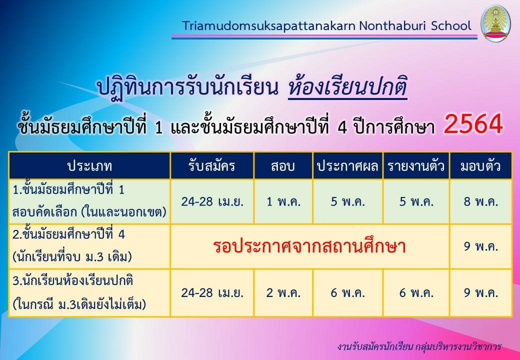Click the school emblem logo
pyautogui.click(x=496, y=23)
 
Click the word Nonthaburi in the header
pyautogui.click(x=392, y=26)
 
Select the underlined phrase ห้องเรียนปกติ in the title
pyautogui.click(x=347, y=87)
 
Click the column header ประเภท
pyautogui.click(x=89, y=165)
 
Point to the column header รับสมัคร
pyautogui.click(x=212, y=165)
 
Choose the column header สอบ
pyautogui.click(x=283, y=165)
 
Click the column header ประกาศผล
pyautogui.click(x=347, y=165)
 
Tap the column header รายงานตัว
pyautogui.click(x=416, y=165)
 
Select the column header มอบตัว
pyautogui.click(x=480, y=165)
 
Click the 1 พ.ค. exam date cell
pyautogui.click(x=283, y=201)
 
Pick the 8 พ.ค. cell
pyautogui.click(x=481, y=201)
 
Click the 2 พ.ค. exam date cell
pyautogui.click(x=283, y=292)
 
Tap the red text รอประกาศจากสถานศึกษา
pyautogui.click(x=309, y=246)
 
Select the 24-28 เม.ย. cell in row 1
pyautogui.click(x=212, y=201)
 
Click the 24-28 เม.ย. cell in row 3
pyautogui.click(x=212, y=292)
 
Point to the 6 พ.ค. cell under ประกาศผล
pyautogui.click(x=348, y=292)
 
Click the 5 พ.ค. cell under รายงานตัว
pyautogui.click(x=416, y=201)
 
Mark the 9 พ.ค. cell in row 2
pyautogui.click(x=481, y=246)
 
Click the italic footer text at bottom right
pyautogui.click(x=419, y=346)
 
